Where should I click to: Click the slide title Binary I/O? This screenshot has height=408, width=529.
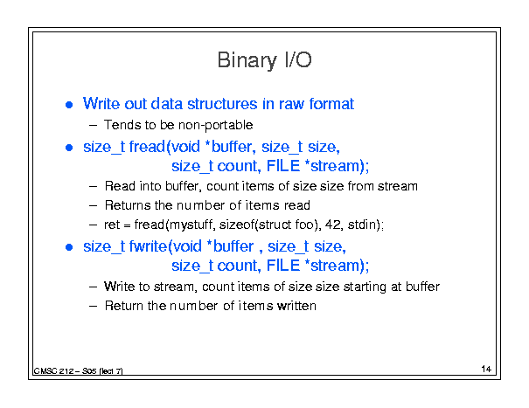pos(264,60)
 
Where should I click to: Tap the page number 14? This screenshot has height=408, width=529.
pos(486,369)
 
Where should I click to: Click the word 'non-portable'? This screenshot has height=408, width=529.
pos(216,126)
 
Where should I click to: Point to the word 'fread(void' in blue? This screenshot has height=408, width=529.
pos(164,147)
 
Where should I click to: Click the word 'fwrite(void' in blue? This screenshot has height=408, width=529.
pos(165,246)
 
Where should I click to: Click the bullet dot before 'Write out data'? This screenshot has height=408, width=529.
pos(69,105)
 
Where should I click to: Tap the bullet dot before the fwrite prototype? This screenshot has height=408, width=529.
pos(69,247)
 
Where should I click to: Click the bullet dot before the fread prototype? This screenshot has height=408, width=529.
pos(69,148)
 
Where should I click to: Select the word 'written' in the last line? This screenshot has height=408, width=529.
pos(296,306)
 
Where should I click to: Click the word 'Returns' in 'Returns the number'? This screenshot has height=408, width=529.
pos(128,205)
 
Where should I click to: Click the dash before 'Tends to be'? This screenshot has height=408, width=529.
pos(93,126)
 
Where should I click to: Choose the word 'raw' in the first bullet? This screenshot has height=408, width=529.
pos(292,105)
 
